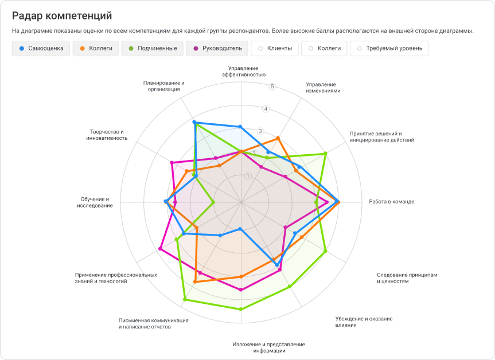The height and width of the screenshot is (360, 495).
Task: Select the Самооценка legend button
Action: coord(41,48)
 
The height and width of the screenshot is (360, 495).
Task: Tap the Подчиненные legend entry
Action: coord(153,48)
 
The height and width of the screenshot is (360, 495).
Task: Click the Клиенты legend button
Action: coord(275,48)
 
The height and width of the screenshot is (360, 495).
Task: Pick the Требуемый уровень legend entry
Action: coord(389,48)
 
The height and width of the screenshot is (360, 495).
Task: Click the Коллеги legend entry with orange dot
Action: coord(96,48)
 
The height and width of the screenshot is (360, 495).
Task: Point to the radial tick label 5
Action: coord(272,87)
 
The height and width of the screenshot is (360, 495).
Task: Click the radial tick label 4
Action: coord(265,109)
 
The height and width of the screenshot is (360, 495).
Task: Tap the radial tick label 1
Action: coord(248,175)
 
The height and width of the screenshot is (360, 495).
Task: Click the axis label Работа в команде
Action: coord(391,202)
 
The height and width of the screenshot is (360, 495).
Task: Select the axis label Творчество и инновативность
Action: coord(107,135)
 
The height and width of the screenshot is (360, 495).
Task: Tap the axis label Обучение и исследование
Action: coord(95,202)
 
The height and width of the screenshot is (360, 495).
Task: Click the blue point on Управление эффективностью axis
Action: coord(240,127)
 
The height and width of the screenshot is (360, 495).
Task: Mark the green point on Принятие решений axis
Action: coord(325,153)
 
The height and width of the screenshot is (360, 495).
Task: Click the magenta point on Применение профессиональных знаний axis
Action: coord(160,249)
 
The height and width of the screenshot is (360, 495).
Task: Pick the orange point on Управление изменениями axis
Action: coord(278,138)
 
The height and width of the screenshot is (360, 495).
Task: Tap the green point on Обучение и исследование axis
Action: coord(213,202)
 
